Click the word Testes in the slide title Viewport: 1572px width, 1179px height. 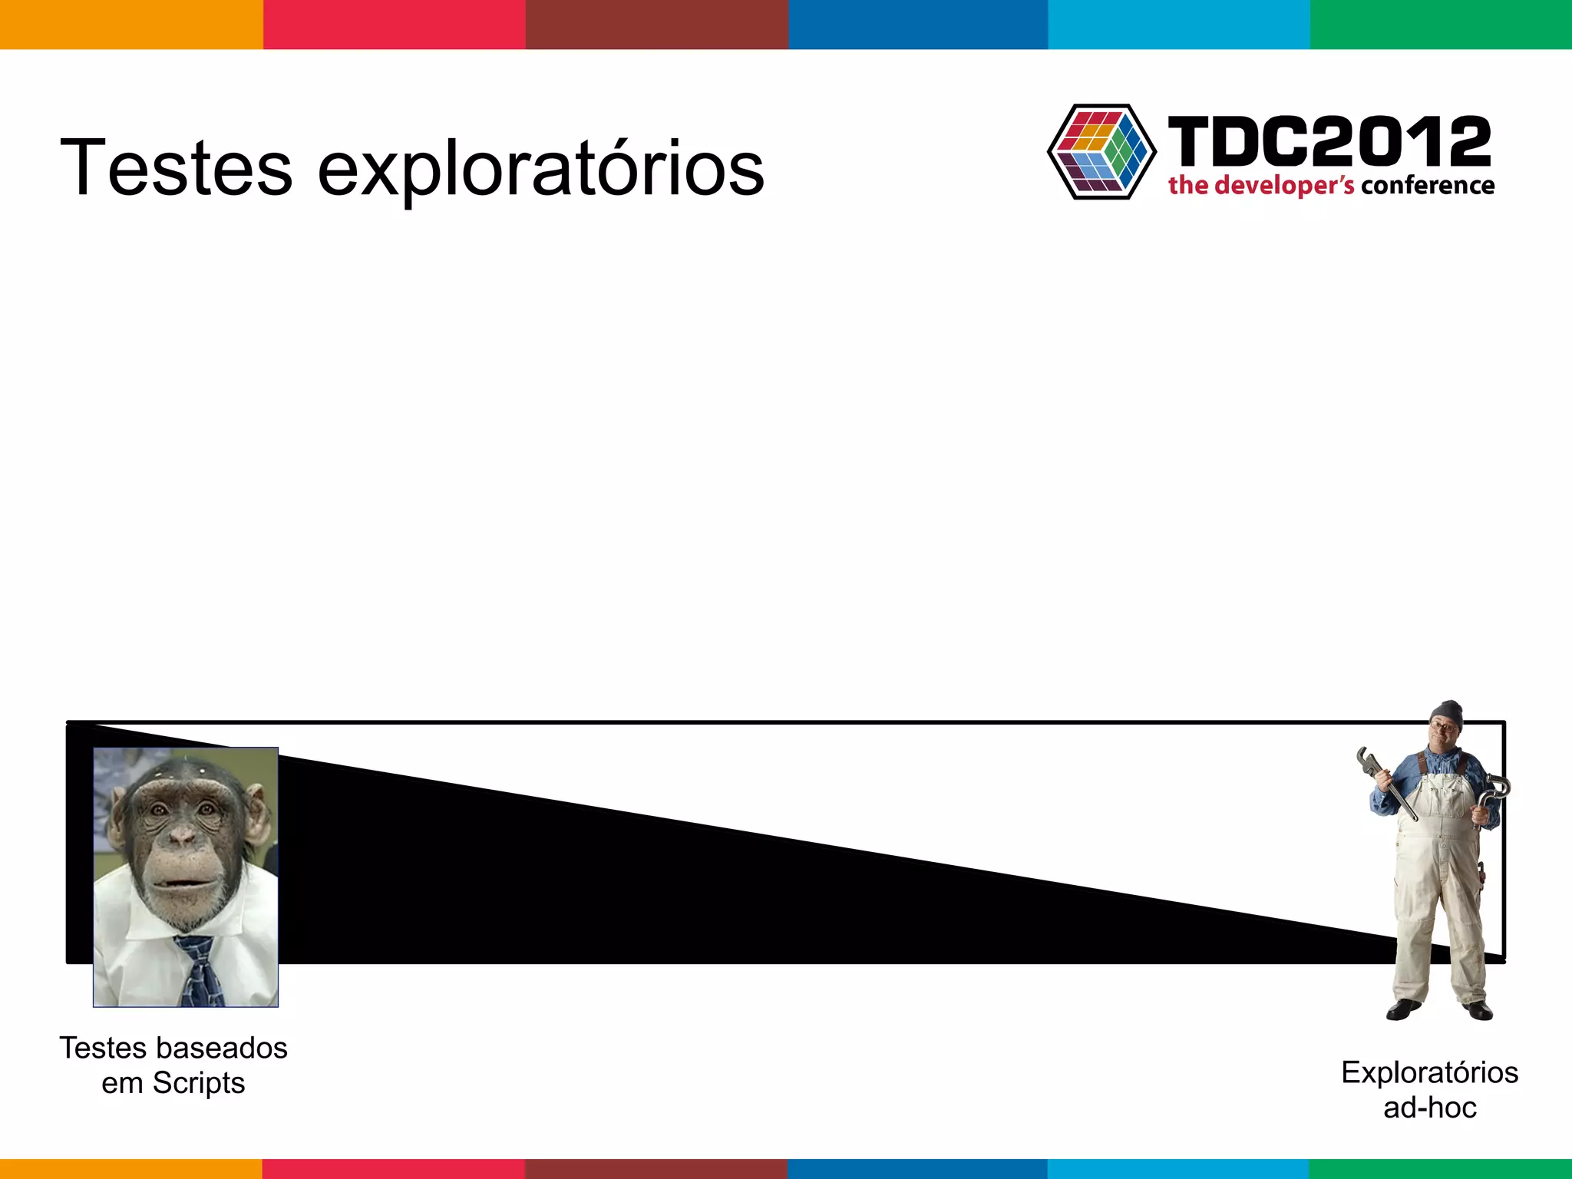(x=176, y=167)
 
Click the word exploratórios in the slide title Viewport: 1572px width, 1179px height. (x=540, y=169)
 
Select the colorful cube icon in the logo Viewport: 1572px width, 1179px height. (x=1101, y=152)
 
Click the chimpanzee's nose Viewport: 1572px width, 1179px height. (x=182, y=837)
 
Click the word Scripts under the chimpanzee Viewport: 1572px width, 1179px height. (x=198, y=1083)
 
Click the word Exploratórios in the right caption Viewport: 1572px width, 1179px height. (x=1429, y=1072)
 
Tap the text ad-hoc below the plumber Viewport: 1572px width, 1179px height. (x=1429, y=1108)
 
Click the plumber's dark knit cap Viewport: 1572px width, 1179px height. (x=1448, y=713)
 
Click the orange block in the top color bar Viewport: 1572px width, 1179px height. (x=131, y=25)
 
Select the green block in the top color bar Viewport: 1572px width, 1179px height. (x=1441, y=25)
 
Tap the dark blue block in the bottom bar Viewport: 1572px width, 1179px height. (x=917, y=1169)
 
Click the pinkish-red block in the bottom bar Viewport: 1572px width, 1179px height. (x=394, y=1169)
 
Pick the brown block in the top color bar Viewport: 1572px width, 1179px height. (x=657, y=25)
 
